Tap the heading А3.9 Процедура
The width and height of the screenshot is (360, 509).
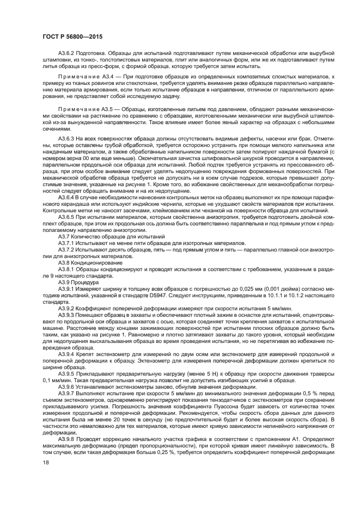coord(78,283)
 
